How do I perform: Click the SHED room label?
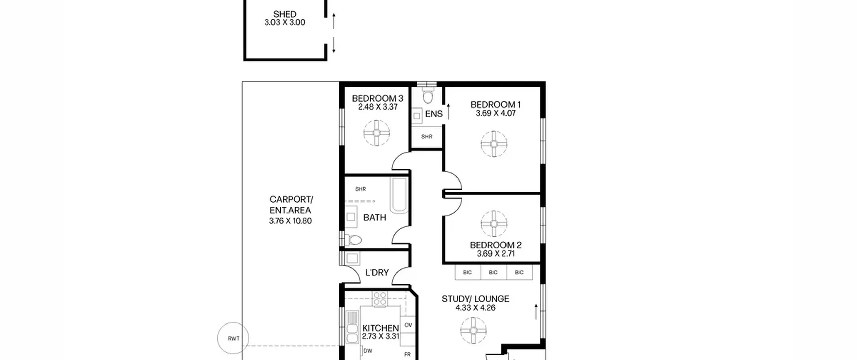(x=285, y=14)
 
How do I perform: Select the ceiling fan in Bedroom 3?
(x=377, y=133)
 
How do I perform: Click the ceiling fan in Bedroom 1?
(x=494, y=144)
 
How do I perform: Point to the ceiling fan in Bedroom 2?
(x=494, y=224)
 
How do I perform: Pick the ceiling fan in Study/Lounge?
(x=473, y=331)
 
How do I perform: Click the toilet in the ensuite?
(x=428, y=95)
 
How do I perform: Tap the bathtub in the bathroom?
(x=399, y=195)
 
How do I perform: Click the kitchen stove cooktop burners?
(x=380, y=299)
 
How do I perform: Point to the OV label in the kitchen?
(x=408, y=325)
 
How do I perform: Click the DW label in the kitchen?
(x=368, y=351)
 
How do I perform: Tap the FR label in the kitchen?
(x=407, y=354)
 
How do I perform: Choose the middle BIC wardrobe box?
(x=493, y=272)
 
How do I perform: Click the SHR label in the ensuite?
(x=427, y=137)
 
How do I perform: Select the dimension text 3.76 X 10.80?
(x=290, y=221)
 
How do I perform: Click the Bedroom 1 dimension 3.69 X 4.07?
(x=496, y=113)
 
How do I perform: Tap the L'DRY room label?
(x=377, y=273)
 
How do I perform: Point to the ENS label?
(x=434, y=114)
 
